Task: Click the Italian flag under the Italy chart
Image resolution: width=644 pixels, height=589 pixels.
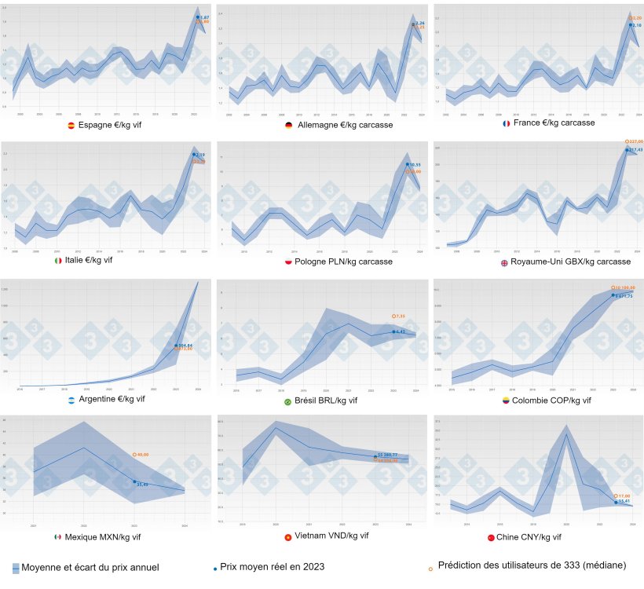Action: (58, 261)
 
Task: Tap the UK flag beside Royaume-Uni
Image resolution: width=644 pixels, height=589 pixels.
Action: (505, 262)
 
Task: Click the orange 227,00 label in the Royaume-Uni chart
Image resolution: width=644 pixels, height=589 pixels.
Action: (635, 141)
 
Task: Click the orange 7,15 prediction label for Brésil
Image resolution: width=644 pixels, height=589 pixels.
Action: (400, 316)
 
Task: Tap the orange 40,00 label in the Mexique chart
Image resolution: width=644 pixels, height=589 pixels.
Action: (143, 454)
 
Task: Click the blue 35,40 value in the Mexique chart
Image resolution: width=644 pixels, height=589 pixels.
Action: (142, 485)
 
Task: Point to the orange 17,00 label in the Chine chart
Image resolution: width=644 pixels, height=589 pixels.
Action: (624, 496)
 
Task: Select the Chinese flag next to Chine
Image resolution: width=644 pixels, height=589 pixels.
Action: (492, 537)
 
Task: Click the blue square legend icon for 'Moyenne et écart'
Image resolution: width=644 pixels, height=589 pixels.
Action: (16, 567)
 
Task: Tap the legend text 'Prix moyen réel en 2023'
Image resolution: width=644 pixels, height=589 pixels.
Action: (272, 566)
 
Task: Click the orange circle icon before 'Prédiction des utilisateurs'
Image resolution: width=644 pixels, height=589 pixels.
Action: (430, 566)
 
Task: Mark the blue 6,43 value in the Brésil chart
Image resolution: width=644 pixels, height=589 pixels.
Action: (400, 332)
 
